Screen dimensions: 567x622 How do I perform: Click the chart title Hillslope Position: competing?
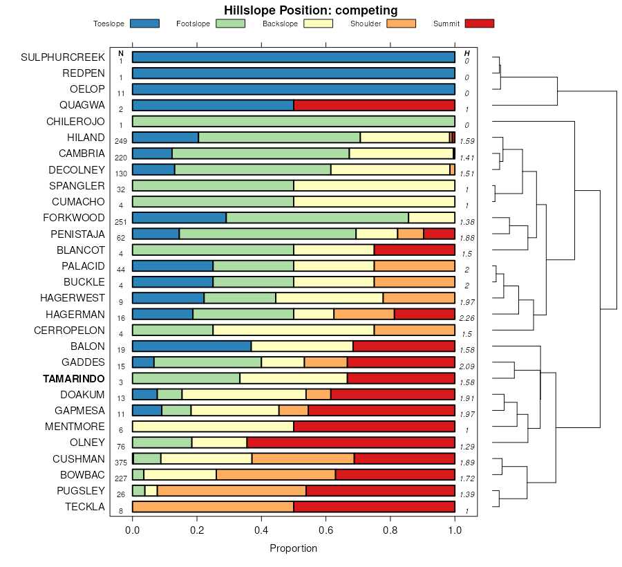coord(310,10)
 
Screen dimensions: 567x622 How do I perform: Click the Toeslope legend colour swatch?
coord(144,24)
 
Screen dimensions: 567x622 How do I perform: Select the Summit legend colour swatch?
coord(480,24)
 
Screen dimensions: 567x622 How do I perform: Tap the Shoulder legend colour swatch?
coord(401,24)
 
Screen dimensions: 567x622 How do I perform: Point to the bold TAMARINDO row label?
coord(74,379)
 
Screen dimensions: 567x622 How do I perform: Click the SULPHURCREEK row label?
coord(63,57)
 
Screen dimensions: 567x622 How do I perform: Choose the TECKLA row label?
coord(85,507)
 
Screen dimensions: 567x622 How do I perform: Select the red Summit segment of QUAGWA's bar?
coord(374,105)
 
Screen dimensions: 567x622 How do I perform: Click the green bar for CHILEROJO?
coord(294,121)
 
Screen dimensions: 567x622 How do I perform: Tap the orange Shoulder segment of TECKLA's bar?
coord(213,507)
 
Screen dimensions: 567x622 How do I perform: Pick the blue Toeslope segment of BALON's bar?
coord(191,346)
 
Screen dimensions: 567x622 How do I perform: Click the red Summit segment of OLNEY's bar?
coord(350,443)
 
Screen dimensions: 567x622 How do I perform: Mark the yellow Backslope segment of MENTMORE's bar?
coord(213,427)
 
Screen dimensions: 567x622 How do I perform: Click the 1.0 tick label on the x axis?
coord(455,530)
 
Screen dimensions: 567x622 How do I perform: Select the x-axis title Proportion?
coord(293,548)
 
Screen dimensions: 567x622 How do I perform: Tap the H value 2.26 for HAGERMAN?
coord(467,317)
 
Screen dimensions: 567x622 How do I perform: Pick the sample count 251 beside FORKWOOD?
coord(121,221)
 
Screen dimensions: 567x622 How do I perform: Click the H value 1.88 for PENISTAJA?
coord(467,237)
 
